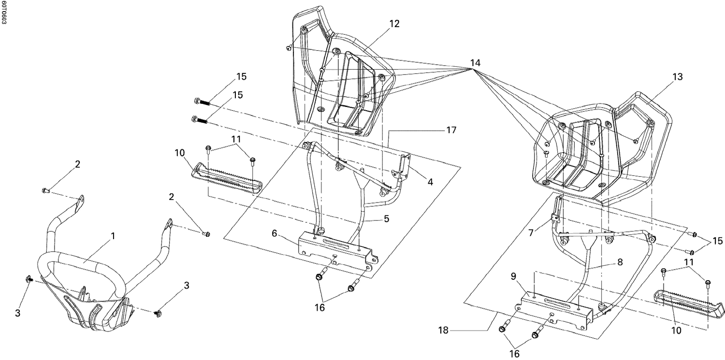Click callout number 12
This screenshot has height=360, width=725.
tap(394, 23)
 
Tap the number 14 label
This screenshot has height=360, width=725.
tap(475, 63)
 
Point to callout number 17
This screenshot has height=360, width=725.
tap(450, 130)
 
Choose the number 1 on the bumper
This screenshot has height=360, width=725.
tap(113, 236)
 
